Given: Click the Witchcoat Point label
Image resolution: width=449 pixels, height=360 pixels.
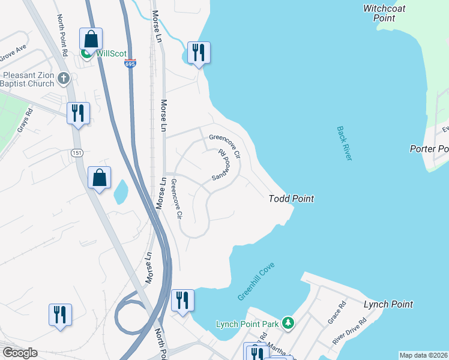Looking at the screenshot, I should [x=379, y=13].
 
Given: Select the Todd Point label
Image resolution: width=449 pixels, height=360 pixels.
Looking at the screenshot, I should [x=291, y=199].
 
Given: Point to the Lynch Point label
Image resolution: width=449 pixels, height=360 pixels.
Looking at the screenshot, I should [x=388, y=304].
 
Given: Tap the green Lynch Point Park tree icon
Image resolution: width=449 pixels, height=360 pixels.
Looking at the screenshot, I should [x=289, y=324].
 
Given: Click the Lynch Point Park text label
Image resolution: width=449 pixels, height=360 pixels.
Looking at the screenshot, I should [x=247, y=325].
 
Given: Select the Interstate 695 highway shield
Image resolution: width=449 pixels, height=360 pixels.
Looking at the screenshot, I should [x=130, y=64].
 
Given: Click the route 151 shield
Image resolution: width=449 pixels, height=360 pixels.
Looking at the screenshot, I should [x=76, y=153].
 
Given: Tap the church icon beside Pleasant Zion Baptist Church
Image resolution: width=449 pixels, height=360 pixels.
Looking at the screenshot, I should [x=64, y=77].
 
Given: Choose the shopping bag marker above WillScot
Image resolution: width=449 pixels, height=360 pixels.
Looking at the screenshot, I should [x=91, y=39].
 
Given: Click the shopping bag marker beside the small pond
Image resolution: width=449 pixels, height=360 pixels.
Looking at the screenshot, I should [x=99, y=177].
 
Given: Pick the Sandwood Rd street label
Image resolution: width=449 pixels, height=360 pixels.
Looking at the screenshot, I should [x=220, y=165].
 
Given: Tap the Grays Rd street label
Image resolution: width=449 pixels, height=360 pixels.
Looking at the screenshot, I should [x=23, y=123].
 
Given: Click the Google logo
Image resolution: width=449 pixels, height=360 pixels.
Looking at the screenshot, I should [x=20, y=352].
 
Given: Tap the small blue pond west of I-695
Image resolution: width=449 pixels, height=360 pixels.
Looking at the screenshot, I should [x=121, y=191].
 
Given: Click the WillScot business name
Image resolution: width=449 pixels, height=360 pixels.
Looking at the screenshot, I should [x=113, y=53].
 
